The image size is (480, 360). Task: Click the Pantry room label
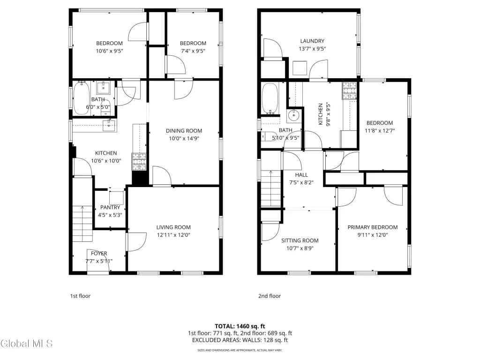pyautogui.click(x=110, y=207)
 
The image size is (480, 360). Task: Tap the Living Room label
pyautogui.click(x=173, y=227)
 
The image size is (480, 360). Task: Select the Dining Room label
pyautogui.click(x=184, y=131)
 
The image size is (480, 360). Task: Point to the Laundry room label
pyautogui.click(x=312, y=41)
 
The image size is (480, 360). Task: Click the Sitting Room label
pyautogui.click(x=300, y=240)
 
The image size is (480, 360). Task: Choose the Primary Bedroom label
pyautogui.click(x=373, y=227)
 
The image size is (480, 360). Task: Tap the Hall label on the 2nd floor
pyautogui.click(x=301, y=175)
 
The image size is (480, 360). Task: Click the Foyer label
pyautogui.click(x=99, y=254)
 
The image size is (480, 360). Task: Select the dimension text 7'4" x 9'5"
pyautogui.click(x=193, y=51)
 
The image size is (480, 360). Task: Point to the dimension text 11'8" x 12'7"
pyautogui.click(x=380, y=130)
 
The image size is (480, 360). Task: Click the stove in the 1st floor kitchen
pyautogui.click(x=139, y=162)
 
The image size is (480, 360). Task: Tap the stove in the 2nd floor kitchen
pyautogui.click(x=350, y=90)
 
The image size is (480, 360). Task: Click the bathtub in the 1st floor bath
pyautogui.click(x=82, y=98)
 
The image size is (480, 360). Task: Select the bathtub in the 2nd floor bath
pyautogui.click(x=270, y=98)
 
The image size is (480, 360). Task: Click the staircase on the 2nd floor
pyautogui.click(x=270, y=188)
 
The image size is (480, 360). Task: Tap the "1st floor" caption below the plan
pyautogui.click(x=80, y=296)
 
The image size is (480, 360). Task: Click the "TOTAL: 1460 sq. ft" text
pyautogui.click(x=240, y=326)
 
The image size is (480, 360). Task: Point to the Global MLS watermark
pyautogui.click(x=27, y=344)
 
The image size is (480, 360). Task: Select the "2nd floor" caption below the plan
pyautogui.click(x=270, y=296)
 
